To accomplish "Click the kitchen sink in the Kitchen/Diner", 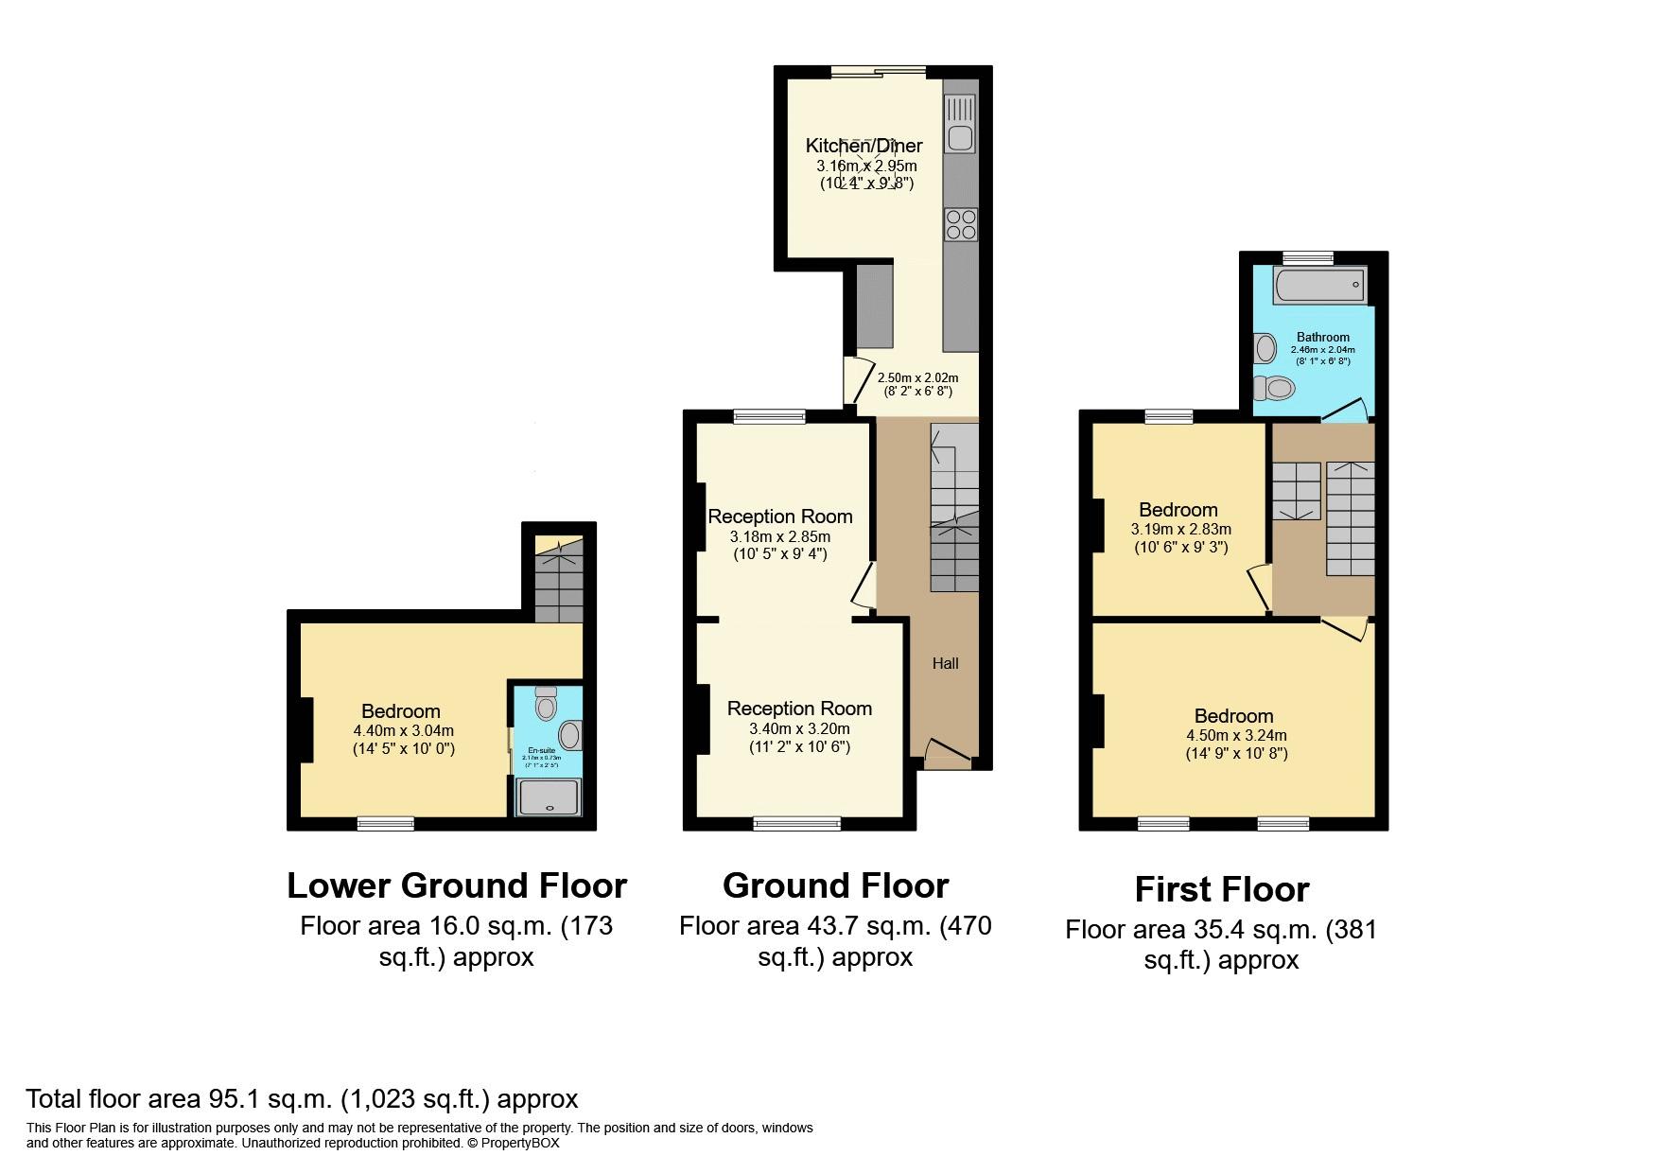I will [x=960, y=124].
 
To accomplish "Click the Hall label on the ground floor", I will [x=945, y=663].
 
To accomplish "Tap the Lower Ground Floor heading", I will [x=456, y=885].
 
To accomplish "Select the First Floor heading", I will [x=1221, y=889].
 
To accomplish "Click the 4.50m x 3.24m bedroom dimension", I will [x=1236, y=735].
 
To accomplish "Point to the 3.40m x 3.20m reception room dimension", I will [x=799, y=728].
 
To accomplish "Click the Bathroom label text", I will [x=1322, y=337].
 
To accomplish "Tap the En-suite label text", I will [x=542, y=750].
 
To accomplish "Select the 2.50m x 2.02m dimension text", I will [x=912, y=377].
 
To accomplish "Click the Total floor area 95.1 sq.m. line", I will [x=301, y=1098].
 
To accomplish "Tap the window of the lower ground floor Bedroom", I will [x=385, y=825].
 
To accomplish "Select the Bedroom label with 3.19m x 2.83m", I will [x=1178, y=510].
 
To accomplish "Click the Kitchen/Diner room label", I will [x=864, y=146].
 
